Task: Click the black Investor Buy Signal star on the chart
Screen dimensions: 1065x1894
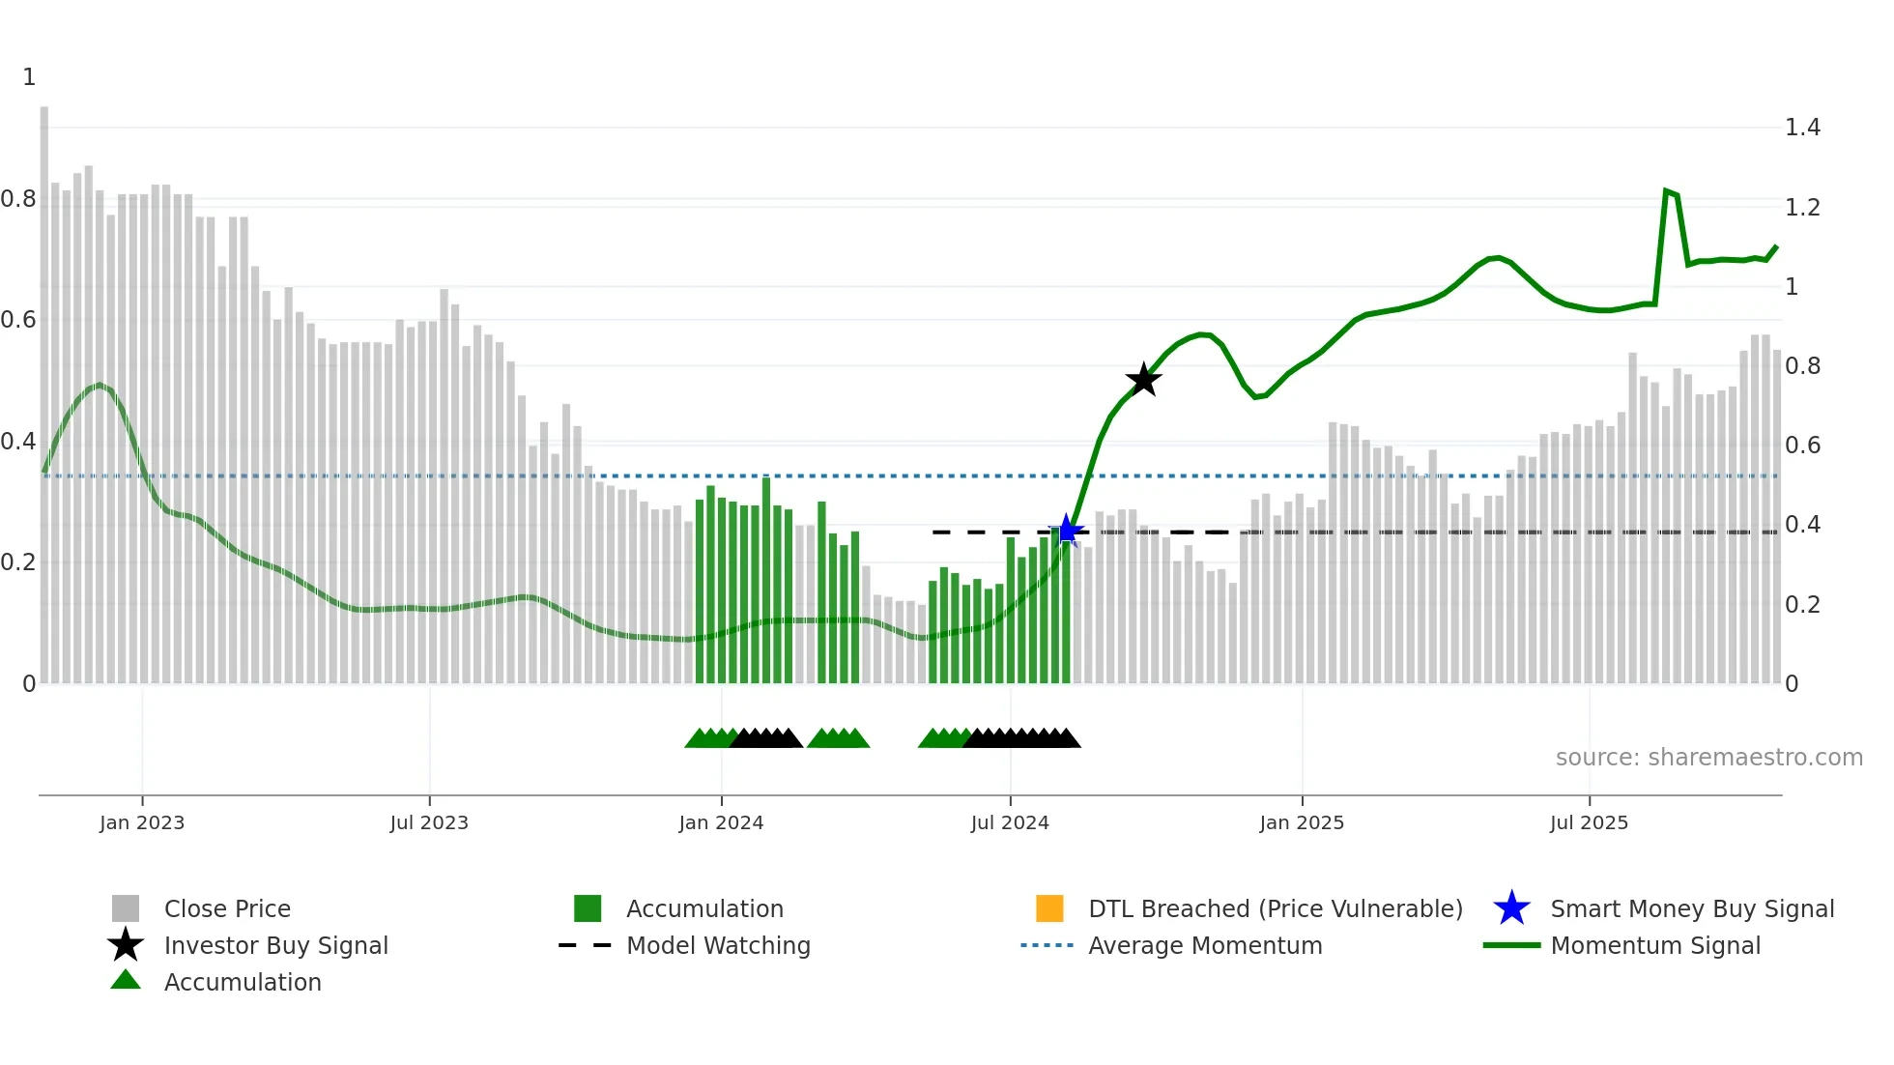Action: (1143, 380)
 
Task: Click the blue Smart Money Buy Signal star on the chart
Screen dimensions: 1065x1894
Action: (1067, 531)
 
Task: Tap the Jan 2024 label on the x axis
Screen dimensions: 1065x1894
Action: (721, 822)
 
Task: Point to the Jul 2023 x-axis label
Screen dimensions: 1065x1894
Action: (429, 822)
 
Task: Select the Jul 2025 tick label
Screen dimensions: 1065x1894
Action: (1589, 822)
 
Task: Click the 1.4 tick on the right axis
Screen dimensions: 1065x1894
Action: (1802, 128)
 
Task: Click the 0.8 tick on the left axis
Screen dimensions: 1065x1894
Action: (19, 199)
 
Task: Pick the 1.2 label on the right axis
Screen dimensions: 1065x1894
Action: (1802, 207)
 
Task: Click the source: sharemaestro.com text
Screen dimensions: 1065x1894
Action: (1708, 757)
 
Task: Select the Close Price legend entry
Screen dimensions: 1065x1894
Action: (227, 908)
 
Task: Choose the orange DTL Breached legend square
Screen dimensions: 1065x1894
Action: (1049, 908)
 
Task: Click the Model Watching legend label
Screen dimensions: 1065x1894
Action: (718, 945)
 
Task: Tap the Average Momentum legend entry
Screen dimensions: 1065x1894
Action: (1205, 945)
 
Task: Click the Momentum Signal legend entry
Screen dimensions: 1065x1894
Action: (1655, 945)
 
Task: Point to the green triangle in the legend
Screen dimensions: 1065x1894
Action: (126, 980)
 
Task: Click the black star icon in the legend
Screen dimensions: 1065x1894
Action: (126, 945)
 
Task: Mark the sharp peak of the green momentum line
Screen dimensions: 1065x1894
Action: (1666, 191)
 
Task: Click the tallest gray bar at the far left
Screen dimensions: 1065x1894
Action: (44, 387)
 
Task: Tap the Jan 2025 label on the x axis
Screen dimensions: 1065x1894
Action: (1302, 822)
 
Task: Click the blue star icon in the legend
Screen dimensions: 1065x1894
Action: (1511, 908)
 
